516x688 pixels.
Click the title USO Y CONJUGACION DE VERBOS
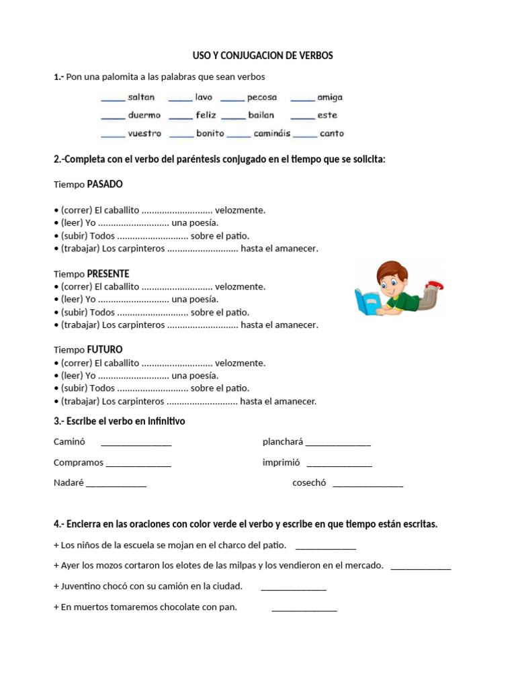click(258, 56)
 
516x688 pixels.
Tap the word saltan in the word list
click(141, 97)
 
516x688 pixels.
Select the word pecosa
click(261, 97)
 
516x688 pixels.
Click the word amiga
click(330, 97)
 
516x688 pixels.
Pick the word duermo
click(144, 116)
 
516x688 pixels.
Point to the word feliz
click(206, 116)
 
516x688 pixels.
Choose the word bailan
click(261, 116)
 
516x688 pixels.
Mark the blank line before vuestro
click(113, 135)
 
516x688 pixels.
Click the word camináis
click(272, 134)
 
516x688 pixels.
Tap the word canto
click(332, 134)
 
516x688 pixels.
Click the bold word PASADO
click(105, 184)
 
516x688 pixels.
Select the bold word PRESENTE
click(108, 274)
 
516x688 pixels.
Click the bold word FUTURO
click(105, 350)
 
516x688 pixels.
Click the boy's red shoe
click(435, 285)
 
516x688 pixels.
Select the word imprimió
click(281, 463)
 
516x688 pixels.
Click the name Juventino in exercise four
click(83, 586)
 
